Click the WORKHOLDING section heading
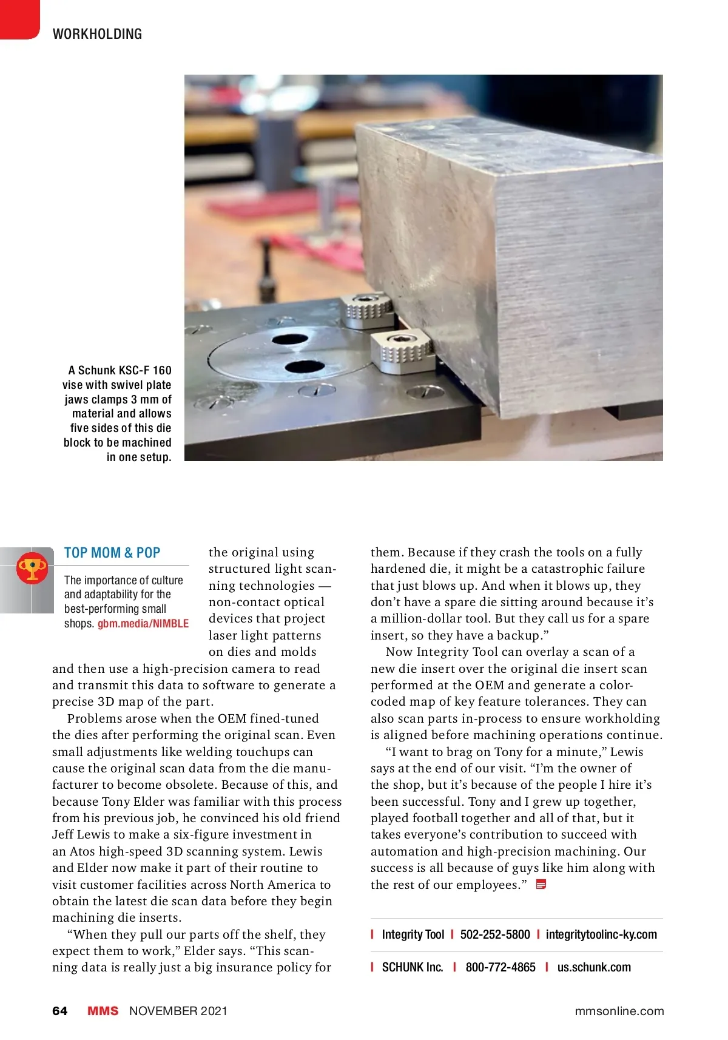[97, 34]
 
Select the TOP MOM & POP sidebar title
[112, 553]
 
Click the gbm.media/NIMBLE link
[143, 624]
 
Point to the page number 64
[60, 1011]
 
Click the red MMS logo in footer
[103, 1011]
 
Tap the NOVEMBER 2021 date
[178, 1011]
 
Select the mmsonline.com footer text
[619, 1011]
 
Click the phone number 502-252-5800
[495, 934]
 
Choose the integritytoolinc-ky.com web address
[601, 934]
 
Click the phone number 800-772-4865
[500, 967]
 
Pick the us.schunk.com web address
[594, 967]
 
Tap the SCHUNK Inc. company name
[413, 967]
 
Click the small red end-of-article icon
[541, 885]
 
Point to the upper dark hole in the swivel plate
[289, 339]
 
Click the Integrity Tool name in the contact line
[413, 934]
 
